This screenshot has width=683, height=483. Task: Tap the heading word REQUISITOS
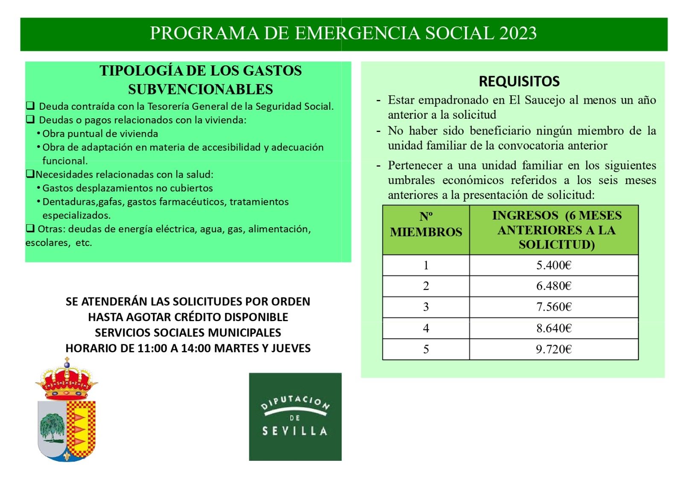(x=519, y=81)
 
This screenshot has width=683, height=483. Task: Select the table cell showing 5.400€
(x=554, y=265)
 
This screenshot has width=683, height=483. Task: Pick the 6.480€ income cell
(x=554, y=286)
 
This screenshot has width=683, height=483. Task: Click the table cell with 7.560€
(x=554, y=307)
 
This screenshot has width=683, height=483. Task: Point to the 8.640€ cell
(x=554, y=328)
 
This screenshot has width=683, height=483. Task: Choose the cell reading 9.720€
(x=554, y=349)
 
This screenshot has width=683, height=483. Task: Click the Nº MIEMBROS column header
(x=426, y=225)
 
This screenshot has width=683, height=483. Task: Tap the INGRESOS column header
(x=556, y=230)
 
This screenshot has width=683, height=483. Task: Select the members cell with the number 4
(x=426, y=328)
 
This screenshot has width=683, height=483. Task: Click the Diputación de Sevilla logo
(x=295, y=416)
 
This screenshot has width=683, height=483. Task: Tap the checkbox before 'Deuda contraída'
(x=30, y=106)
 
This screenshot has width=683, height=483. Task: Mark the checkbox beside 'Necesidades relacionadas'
(x=30, y=174)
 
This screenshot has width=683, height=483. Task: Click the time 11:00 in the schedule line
(x=152, y=348)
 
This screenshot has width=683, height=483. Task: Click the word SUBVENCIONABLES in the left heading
(x=200, y=89)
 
